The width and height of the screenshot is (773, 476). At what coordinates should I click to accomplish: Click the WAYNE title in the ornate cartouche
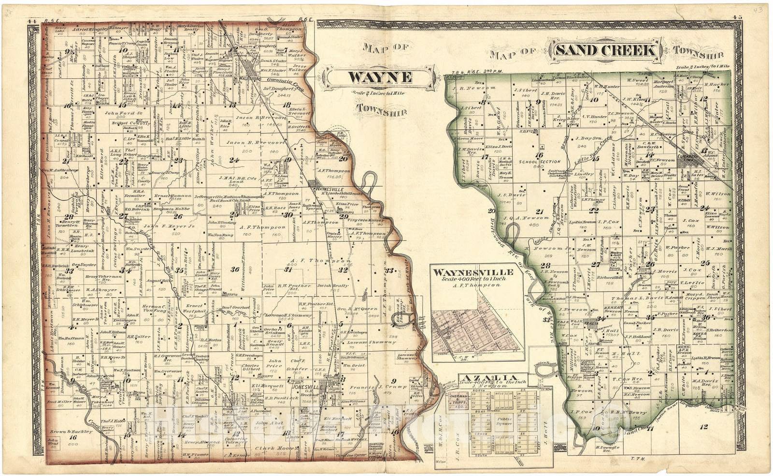[x=380, y=77]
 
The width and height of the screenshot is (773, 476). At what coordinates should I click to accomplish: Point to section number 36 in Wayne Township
[x=235, y=269]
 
